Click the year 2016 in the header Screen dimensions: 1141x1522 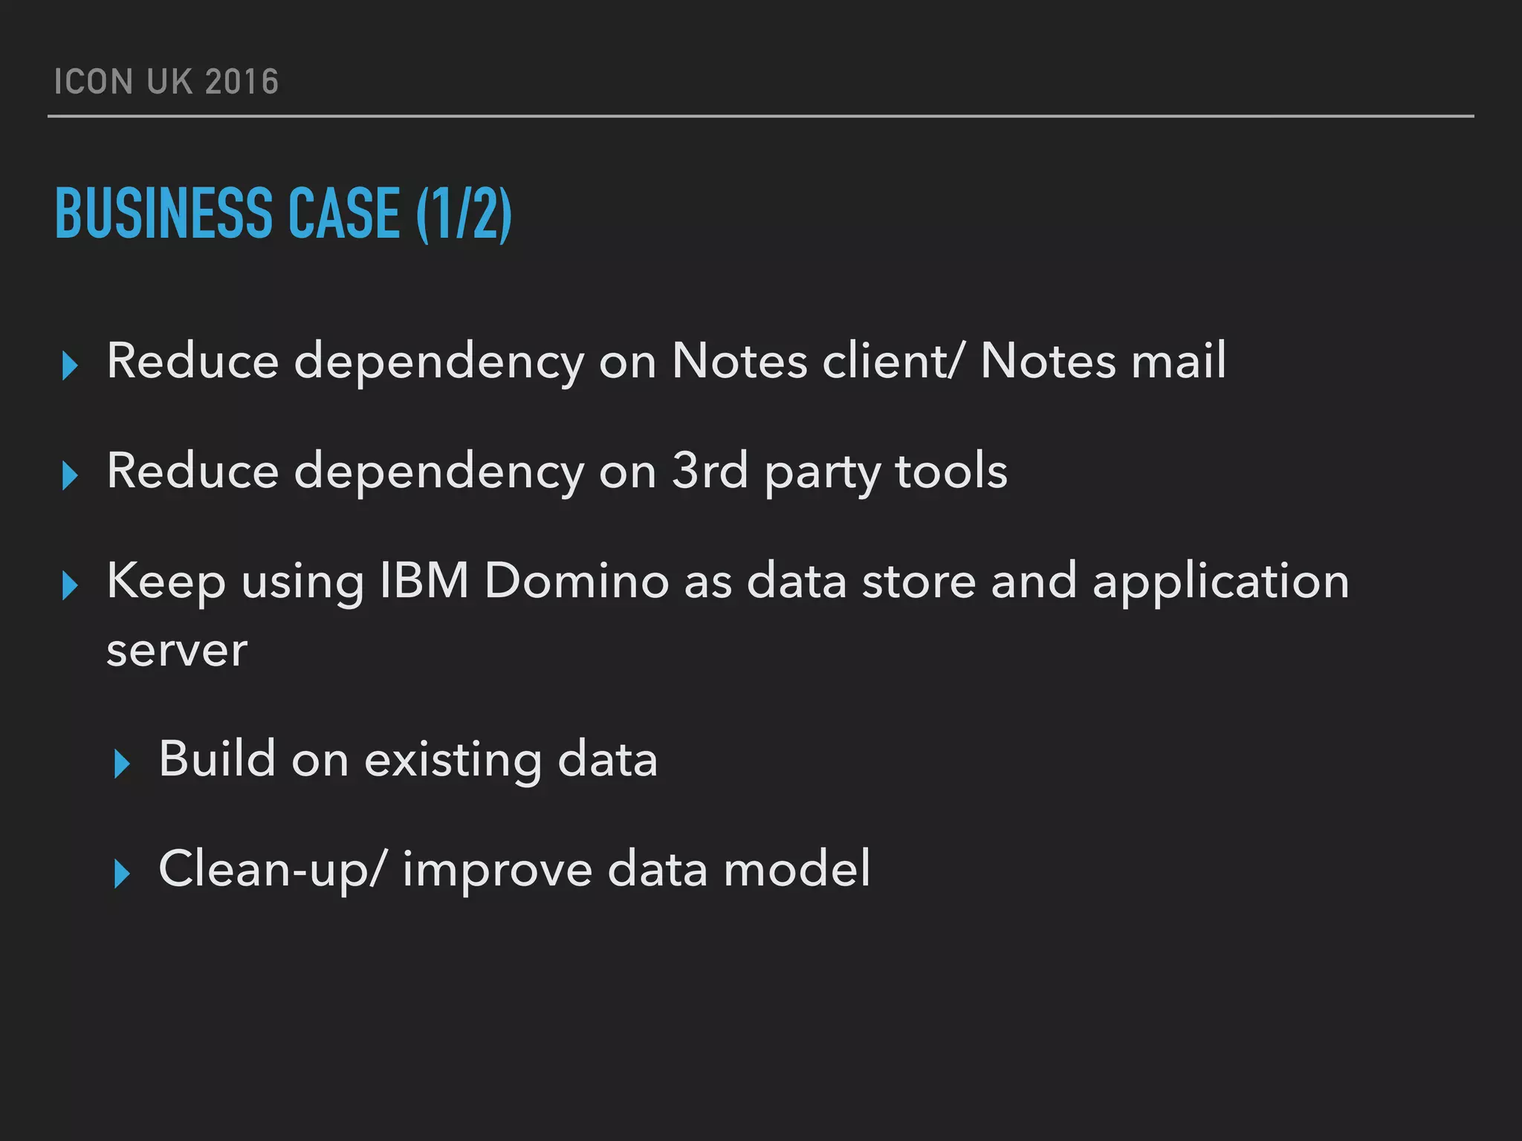242,82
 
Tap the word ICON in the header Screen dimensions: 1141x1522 93,82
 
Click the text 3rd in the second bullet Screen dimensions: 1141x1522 710,471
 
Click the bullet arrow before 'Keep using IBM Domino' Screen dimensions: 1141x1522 71,585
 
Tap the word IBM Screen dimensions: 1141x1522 424,581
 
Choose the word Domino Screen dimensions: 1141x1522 577,581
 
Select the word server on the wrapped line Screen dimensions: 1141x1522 177,651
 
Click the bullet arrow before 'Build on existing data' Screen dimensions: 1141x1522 123,764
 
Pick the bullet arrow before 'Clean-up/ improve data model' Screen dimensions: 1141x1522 123,874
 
